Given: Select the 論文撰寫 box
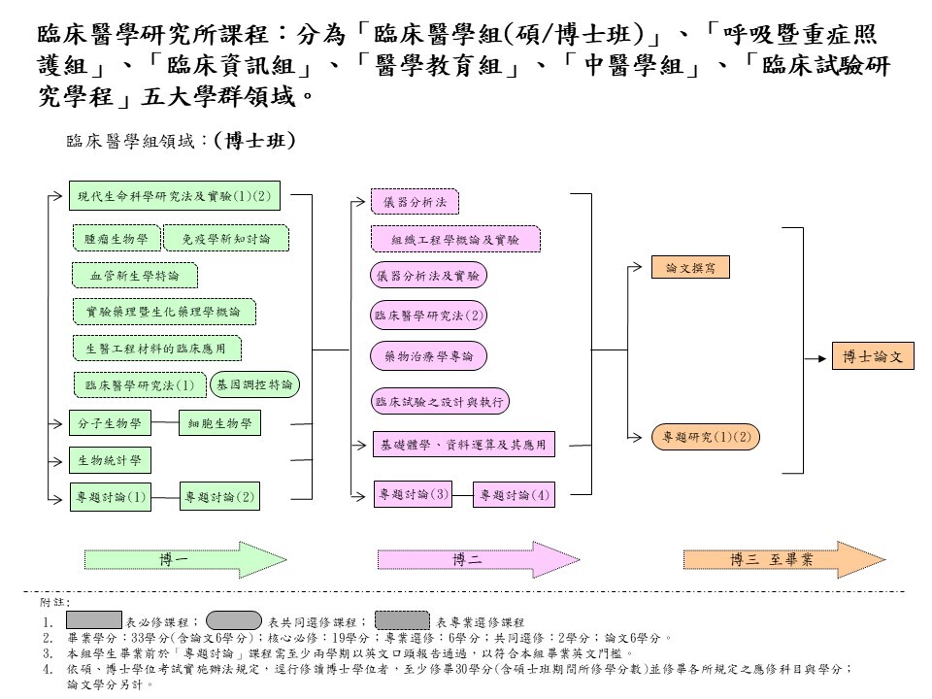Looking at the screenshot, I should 690,268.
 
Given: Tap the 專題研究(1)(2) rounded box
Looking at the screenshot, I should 706,438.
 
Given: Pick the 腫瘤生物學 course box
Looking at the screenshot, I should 116,238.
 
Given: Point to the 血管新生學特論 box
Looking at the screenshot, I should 135,276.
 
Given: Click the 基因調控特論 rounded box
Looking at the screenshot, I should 254,384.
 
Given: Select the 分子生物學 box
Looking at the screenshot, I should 110,423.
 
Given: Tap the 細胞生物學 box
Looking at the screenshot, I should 219,423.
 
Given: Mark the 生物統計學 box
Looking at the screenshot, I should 110,459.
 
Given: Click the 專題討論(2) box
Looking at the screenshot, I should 219,498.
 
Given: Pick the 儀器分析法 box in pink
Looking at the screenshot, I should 415,202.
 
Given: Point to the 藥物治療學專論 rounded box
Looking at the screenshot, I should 428,356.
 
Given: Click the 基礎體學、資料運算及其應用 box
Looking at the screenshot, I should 464,446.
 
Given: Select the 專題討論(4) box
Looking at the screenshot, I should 514,495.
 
